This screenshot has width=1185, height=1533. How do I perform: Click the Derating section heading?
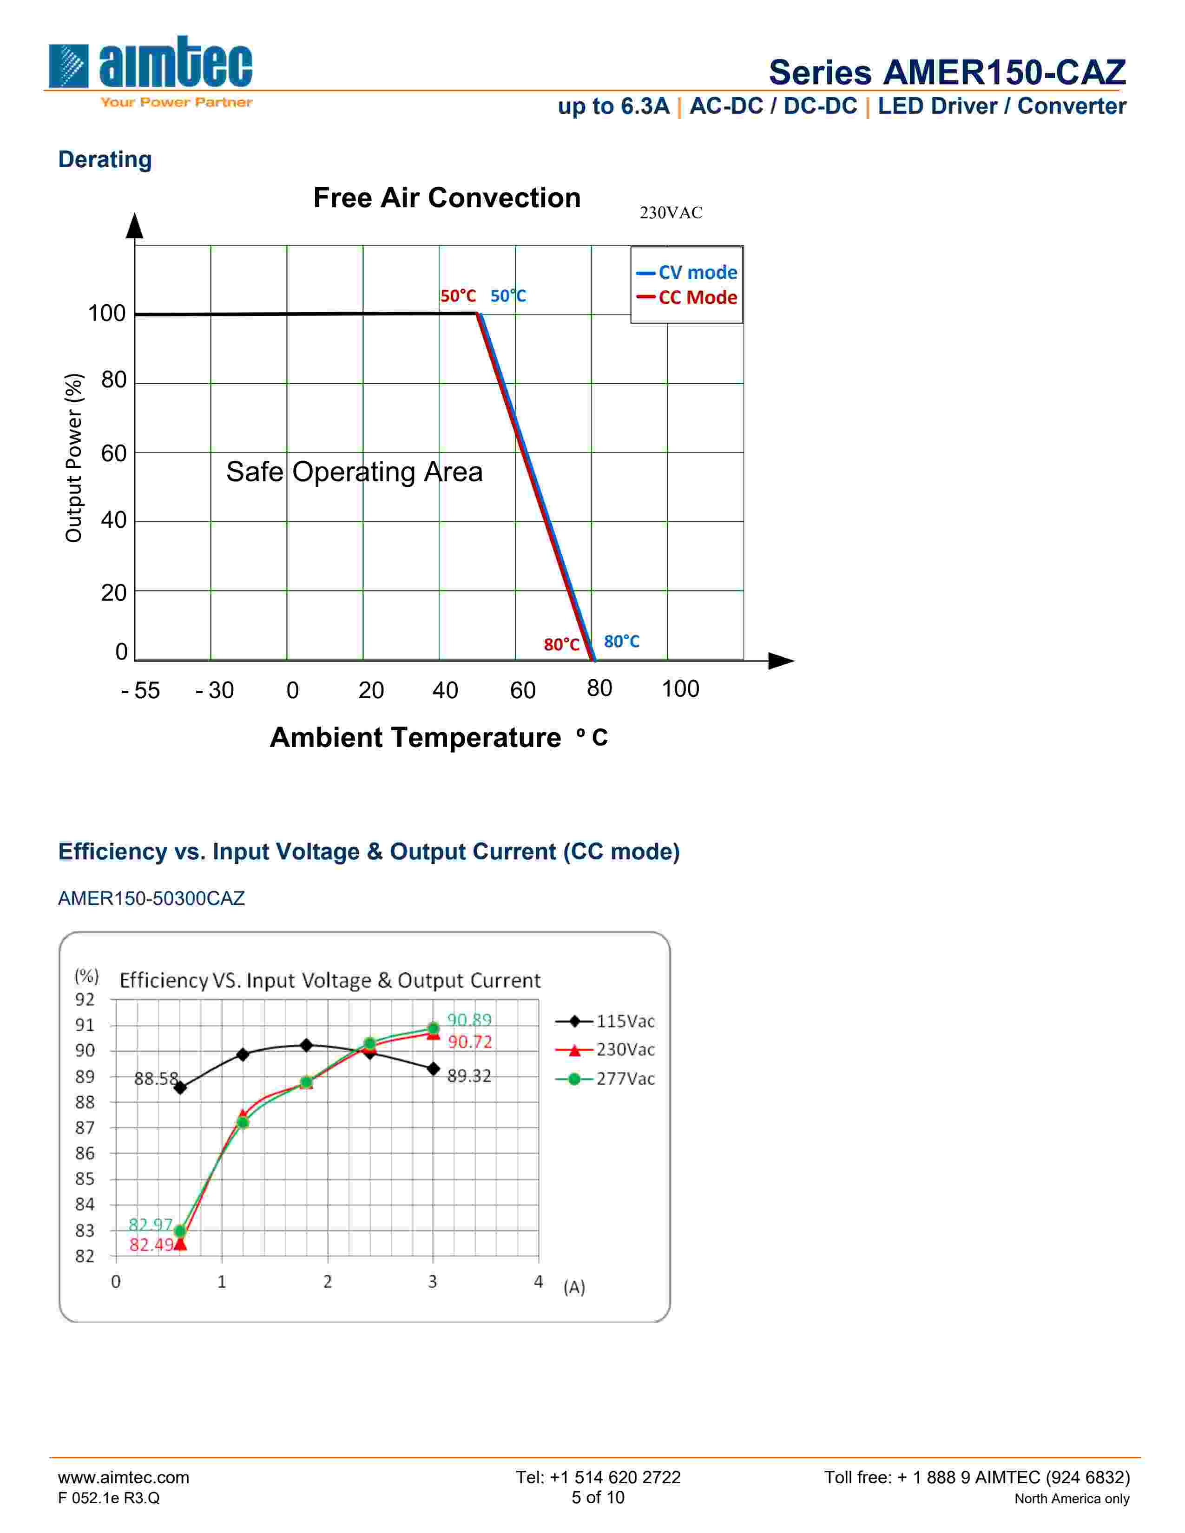[x=105, y=159]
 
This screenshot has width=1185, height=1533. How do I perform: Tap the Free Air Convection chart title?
[x=447, y=198]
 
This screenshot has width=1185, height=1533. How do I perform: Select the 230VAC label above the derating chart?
[x=671, y=213]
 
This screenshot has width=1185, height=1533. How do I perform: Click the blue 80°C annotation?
[x=621, y=642]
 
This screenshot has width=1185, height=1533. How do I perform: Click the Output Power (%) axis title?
[x=73, y=458]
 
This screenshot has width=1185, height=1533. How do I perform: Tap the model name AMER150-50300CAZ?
[x=151, y=898]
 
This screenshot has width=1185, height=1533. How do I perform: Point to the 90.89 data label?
[x=469, y=1020]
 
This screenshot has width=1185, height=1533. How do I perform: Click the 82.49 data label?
[x=151, y=1245]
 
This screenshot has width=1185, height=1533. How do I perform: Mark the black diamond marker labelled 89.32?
[x=433, y=1069]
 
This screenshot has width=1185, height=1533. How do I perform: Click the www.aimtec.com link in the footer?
[x=124, y=1478]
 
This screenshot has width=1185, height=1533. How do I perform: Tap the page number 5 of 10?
[x=598, y=1497]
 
